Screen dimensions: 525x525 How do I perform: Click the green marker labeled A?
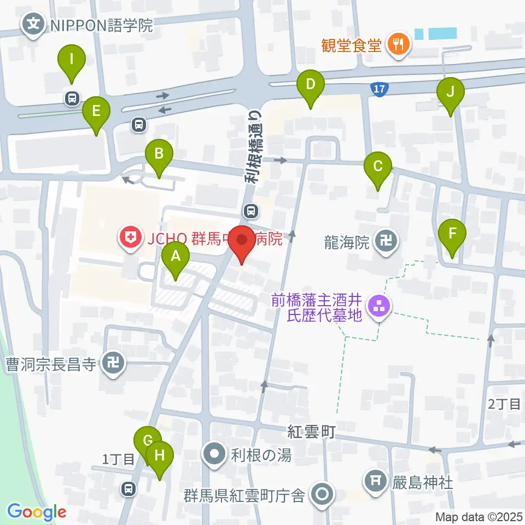tap(176, 256)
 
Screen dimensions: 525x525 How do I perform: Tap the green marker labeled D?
tap(310, 85)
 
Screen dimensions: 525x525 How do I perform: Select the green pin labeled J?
tap(450, 92)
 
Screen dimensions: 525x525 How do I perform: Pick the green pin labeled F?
tap(452, 234)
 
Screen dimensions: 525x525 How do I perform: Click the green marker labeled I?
tap(72, 59)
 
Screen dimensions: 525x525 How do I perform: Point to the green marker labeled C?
tap(377, 166)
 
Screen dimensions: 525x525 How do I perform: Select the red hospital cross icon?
tap(130, 238)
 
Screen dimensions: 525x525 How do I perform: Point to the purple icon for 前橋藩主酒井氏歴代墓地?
tap(378, 307)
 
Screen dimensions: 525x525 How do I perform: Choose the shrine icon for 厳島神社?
tap(375, 482)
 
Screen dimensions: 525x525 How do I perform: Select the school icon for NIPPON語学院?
tap(34, 25)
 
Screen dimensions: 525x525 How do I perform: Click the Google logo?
tap(37, 512)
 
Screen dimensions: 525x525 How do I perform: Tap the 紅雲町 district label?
tap(311, 431)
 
